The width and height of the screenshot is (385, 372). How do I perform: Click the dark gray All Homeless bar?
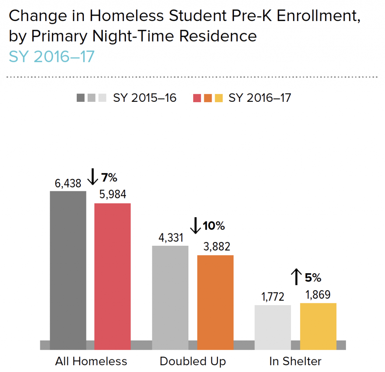[68, 269]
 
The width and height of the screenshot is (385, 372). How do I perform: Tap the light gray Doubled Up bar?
[170, 297]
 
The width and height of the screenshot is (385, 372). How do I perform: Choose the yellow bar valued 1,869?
[318, 325]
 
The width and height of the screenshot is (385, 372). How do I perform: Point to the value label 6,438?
[68, 183]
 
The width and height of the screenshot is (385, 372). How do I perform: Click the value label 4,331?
[170, 238]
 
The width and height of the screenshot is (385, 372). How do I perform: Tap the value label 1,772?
[273, 298]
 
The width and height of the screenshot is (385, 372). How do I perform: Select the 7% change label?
[109, 177]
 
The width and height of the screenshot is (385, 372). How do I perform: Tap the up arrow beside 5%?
[296, 277]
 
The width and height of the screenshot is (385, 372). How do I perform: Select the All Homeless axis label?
[91, 361]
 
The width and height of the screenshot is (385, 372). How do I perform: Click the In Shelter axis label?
[296, 361]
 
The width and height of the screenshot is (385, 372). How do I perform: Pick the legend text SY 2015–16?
[145, 98]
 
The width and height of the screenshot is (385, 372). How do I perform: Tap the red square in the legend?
[197, 98]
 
